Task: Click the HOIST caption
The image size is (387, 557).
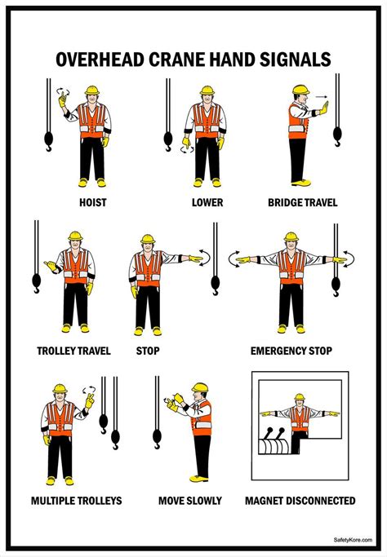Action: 92,201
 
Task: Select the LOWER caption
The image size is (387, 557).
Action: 207,201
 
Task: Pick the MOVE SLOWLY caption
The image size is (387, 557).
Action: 189,500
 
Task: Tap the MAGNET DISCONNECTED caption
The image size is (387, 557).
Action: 300,500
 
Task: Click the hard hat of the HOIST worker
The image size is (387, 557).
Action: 91,91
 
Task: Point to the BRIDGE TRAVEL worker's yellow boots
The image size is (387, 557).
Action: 301,182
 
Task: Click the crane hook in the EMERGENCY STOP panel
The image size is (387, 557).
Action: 336,285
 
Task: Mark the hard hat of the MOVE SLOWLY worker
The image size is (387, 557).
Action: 199,387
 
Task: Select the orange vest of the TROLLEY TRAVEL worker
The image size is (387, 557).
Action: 76,267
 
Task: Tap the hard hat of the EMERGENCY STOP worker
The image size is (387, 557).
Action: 291,237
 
